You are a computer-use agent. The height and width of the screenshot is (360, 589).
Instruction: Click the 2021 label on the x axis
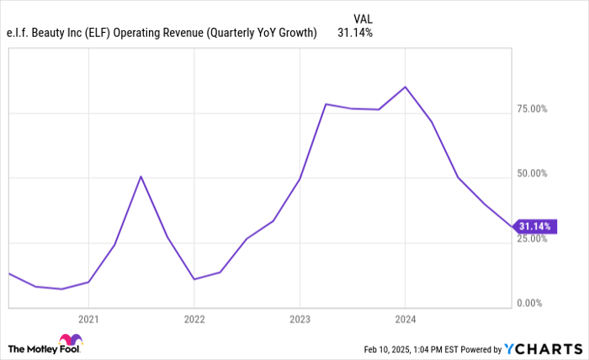coord(88,320)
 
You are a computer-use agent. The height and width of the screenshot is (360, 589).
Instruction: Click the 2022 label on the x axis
coord(194,320)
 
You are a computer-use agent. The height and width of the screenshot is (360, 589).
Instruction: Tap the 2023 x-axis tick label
coord(300,320)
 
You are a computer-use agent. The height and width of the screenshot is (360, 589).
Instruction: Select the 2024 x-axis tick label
coord(406,320)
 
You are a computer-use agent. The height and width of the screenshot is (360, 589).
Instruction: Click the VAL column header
coord(363,17)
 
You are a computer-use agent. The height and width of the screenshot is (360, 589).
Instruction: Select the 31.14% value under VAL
coord(355,33)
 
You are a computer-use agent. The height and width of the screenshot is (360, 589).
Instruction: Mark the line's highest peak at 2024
coord(405,87)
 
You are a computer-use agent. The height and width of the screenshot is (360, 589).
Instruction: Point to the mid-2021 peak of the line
coord(141,176)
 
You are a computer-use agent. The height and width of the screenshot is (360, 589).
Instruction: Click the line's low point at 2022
coord(194,279)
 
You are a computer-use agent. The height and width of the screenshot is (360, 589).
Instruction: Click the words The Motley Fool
coord(34,348)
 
